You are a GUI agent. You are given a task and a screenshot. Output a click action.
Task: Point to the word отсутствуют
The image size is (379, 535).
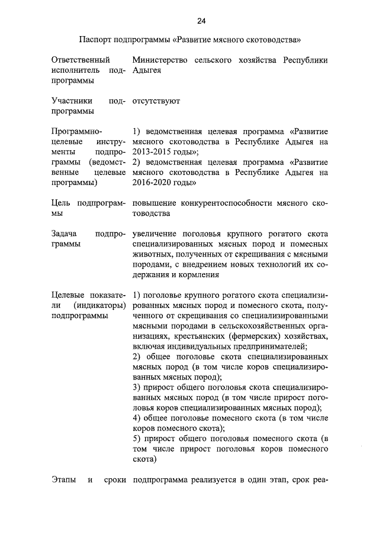pos(156,101)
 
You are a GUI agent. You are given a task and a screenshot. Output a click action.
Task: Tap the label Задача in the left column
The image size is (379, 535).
pos(65,234)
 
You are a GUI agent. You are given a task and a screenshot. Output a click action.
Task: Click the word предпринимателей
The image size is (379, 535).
pos(270,346)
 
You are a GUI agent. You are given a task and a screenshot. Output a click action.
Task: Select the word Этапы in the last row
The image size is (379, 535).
pos(63,479)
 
